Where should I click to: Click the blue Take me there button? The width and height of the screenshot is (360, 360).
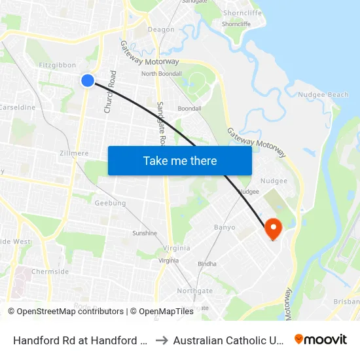click(179, 160)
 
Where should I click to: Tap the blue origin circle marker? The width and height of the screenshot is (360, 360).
click(87, 80)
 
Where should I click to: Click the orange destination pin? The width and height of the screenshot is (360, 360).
click(272, 228)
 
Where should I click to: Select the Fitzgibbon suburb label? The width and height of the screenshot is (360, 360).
click(58, 65)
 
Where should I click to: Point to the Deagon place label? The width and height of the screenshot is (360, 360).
click(161, 29)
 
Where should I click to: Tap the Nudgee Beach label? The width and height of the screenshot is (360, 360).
click(323, 95)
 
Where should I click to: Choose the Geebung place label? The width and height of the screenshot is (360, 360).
click(110, 204)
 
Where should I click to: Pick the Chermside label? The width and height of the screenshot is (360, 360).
click(50, 272)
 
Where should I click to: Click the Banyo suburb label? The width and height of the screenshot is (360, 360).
click(225, 228)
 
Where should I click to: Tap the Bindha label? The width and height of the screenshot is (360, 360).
click(207, 264)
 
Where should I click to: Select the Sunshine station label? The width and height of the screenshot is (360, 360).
click(145, 233)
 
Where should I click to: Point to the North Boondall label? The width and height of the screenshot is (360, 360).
click(161, 74)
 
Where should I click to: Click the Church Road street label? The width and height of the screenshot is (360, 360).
click(111, 92)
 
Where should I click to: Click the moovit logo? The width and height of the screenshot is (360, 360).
click(320, 339)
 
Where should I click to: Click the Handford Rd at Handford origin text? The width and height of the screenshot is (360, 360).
click(81, 340)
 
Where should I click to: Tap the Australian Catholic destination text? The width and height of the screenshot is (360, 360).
click(227, 340)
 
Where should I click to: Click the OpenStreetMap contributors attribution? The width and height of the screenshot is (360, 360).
click(70, 312)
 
